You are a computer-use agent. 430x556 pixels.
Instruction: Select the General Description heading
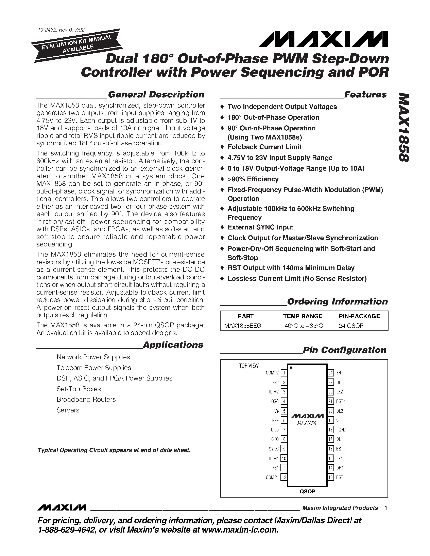(156, 94)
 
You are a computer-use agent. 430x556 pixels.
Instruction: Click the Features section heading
(365, 94)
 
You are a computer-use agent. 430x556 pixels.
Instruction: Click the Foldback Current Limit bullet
(264, 147)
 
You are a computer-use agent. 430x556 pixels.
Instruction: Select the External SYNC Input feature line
(260, 227)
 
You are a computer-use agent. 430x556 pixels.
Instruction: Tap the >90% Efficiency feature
(253, 179)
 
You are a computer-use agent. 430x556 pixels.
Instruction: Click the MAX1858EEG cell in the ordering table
(242, 326)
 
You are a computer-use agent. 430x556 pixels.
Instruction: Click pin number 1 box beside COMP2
(284, 373)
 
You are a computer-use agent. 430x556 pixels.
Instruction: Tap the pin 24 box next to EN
(330, 373)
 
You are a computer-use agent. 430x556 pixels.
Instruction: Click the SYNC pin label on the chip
(274, 449)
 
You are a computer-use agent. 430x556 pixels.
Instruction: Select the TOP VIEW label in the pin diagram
(249, 366)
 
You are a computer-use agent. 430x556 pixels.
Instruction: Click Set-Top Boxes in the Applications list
(79, 389)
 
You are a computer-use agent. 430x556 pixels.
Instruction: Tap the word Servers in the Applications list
(68, 410)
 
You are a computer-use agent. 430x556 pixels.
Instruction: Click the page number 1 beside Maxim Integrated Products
(386, 508)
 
